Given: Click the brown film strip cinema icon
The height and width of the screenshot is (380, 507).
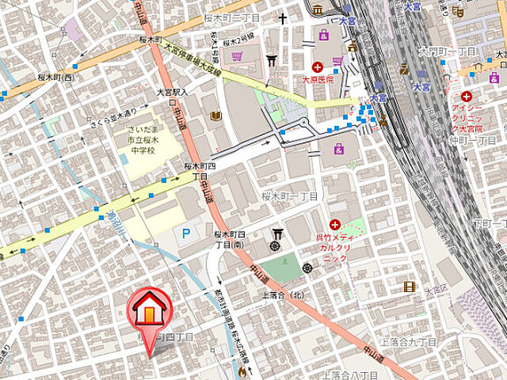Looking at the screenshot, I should [x=409, y=287].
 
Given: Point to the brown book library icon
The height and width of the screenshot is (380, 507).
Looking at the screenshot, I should [x=215, y=116].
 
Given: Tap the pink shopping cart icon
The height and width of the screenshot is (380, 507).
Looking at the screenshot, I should [x=236, y=55].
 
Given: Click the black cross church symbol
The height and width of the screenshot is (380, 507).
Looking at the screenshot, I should [x=282, y=17].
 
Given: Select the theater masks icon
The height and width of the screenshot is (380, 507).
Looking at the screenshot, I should [x=458, y=11].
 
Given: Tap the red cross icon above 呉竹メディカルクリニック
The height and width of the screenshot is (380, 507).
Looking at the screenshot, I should [x=335, y=225].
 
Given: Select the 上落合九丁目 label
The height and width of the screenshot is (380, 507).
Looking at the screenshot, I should [x=408, y=342].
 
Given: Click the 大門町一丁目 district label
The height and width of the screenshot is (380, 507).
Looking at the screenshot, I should [x=447, y=51].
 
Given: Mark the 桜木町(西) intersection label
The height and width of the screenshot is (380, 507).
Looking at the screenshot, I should [x=59, y=77].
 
